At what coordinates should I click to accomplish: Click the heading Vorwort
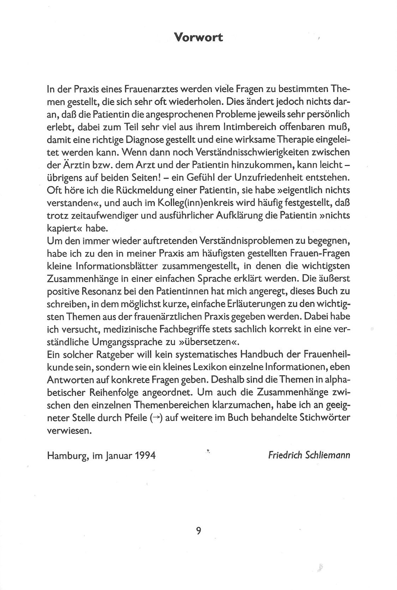click(199, 37)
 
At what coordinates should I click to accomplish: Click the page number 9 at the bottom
click(199, 531)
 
